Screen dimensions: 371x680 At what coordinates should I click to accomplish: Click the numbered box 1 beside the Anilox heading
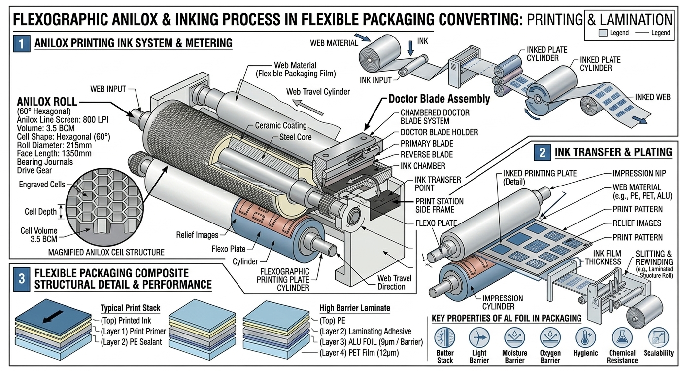(x=21, y=43)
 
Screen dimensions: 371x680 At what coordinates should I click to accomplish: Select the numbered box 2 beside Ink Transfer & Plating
(x=542, y=152)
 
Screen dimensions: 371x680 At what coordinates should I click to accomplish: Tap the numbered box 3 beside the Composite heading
(x=21, y=278)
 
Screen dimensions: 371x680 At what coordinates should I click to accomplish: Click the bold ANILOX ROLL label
(x=47, y=102)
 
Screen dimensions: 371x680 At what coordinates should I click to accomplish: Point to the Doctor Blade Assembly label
(x=439, y=99)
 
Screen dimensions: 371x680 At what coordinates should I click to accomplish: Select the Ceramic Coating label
(x=280, y=126)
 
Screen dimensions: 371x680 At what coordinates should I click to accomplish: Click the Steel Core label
(x=295, y=137)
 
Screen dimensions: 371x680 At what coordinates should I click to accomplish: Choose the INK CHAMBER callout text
(x=423, y=166)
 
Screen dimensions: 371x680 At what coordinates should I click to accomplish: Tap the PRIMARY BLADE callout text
(x=426, y=144)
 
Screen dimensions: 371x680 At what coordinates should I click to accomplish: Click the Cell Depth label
(x=41, y=212)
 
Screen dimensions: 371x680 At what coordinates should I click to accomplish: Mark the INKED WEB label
(x=652, y=97)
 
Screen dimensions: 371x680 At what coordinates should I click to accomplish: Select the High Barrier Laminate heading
(x=354, y=308)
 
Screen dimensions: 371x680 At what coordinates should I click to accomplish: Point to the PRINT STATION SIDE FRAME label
(x=439, y=205)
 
